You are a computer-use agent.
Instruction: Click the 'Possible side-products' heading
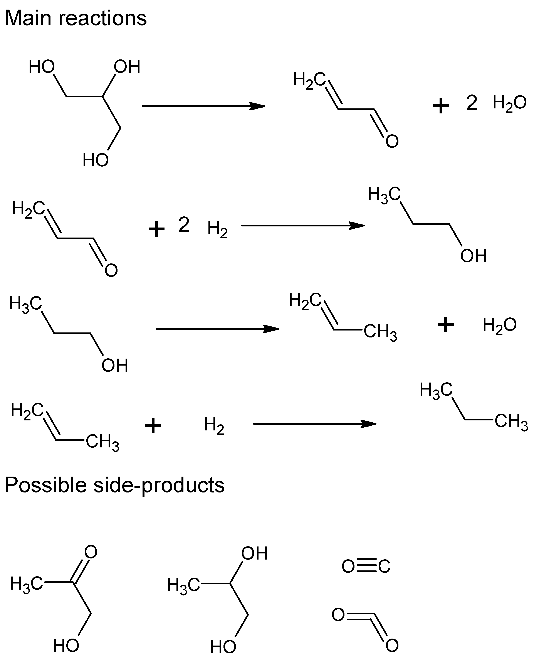(114, 485)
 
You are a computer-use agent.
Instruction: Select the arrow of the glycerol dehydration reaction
(203, 106)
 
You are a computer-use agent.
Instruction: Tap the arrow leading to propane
(314, 424)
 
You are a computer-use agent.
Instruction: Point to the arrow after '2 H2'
(303, 226)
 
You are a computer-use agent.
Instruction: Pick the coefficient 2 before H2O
(471, 103)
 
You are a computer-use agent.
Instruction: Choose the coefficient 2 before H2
(184, 225)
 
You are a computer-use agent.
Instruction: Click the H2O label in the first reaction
(509, 103)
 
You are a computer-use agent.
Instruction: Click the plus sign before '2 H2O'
(441, 106)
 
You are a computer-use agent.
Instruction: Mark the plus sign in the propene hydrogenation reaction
(153, 426)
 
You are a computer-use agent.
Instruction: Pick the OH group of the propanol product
(473, 256)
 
